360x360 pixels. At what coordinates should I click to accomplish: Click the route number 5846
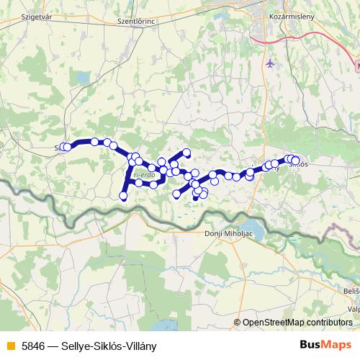pos(32,345)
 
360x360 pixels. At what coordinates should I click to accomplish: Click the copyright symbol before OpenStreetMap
pos(237,323)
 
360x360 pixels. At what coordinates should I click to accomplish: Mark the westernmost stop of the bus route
pos(63,147)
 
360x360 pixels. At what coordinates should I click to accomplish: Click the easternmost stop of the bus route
pos(296,160)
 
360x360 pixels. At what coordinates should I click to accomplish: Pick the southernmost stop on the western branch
pos(123,195)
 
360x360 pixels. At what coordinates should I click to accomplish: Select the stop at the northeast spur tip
pos(186,152)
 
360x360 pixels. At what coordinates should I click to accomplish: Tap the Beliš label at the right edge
pos(351,289)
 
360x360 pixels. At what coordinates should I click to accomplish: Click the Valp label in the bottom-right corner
pos(352,309)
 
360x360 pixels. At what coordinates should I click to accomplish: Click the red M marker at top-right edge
pos(357,64)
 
